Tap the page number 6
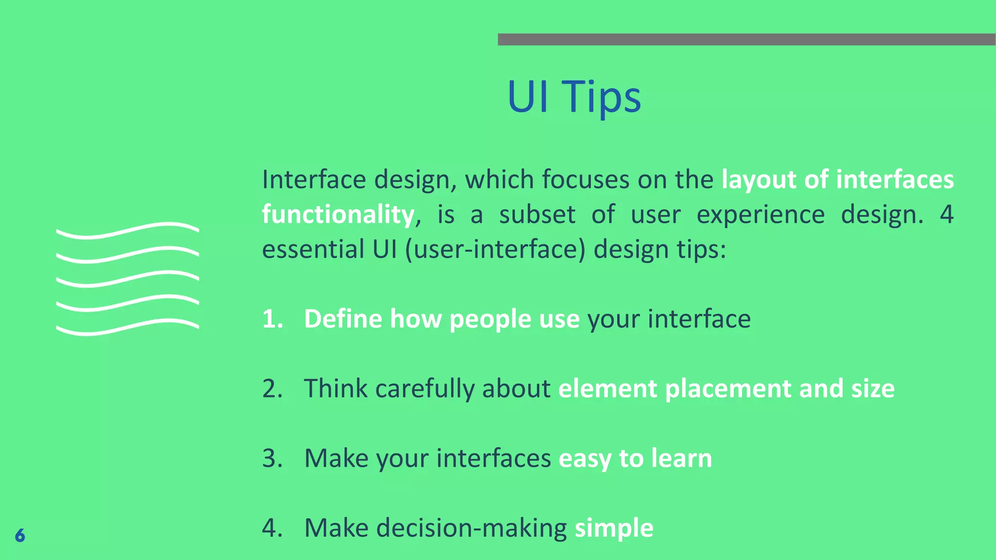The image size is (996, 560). (20, 535)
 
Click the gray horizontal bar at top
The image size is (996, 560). (747, 39)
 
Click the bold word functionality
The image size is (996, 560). (338, 214)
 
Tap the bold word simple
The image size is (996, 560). (614, 528)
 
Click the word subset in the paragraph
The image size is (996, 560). (537, 214)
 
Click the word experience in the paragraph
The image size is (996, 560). (760, 214)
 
